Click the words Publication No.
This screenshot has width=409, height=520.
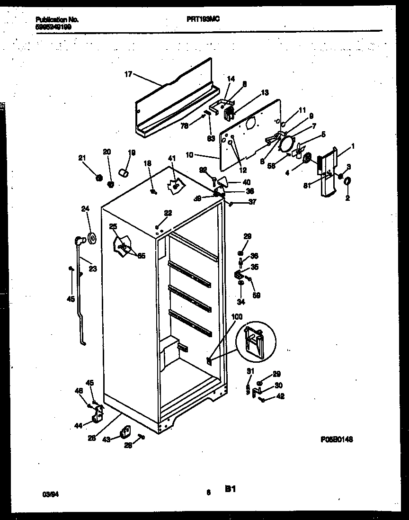pyautogui.click(x=57, y=20)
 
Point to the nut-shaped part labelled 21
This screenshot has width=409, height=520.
pyautogui.click(x=99, y=178)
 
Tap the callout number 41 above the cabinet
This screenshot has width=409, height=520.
pyautogui.click(x=171, y=158)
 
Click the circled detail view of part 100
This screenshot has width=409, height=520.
pyautogui.click(x=256, y=341)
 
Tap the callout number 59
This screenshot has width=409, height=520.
pyautogui.click(x=256, y=296)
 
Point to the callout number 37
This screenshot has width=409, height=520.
pyautogui.click(x=252, y=201)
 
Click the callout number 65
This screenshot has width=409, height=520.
pyautogui.click(x=142, y=256)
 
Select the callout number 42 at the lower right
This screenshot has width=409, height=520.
pyautogui.click(x=280, y=397)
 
